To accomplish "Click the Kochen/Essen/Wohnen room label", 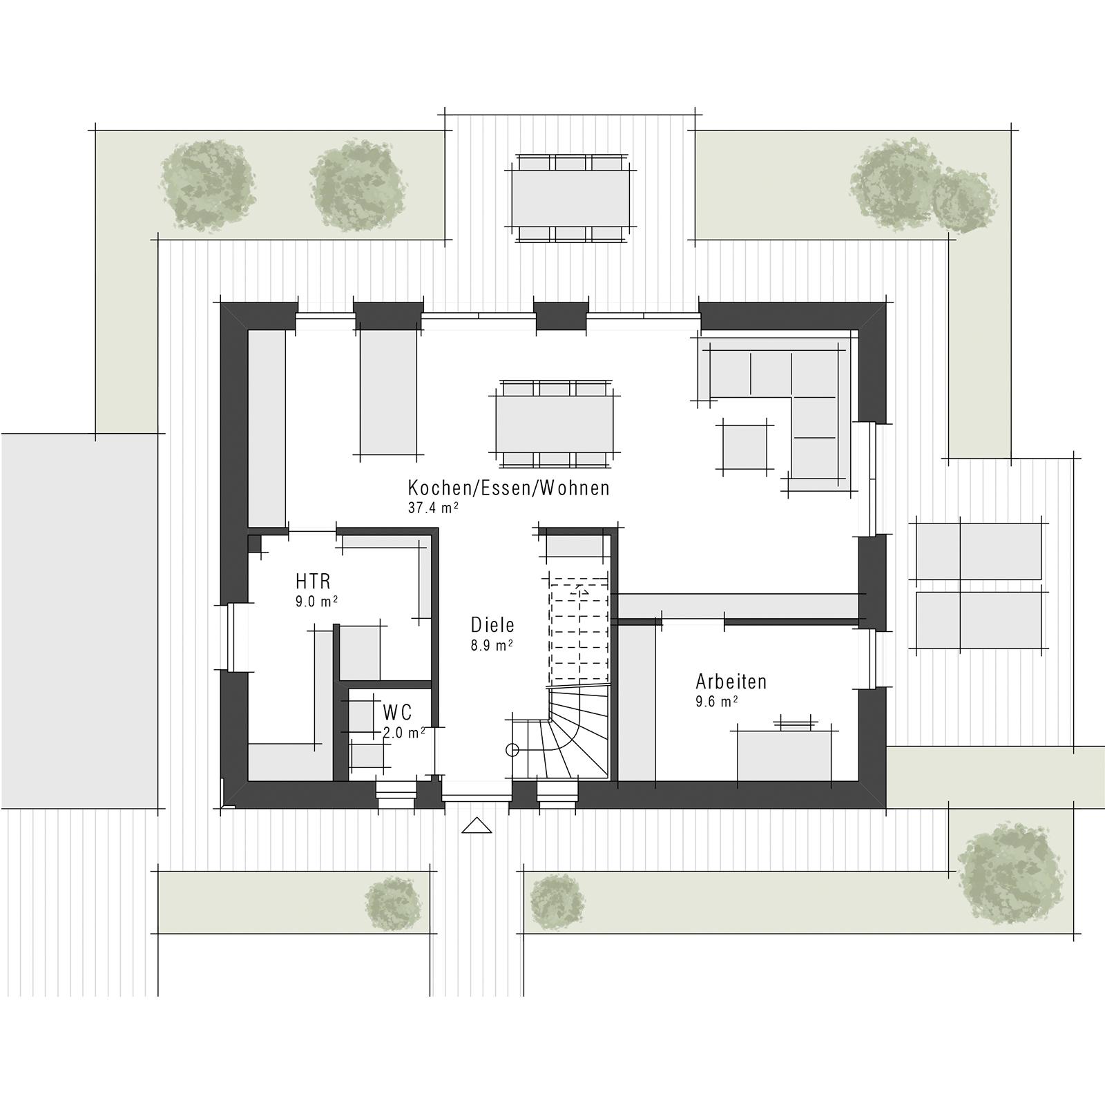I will click(508, 488).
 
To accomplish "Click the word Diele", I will click(492, 625).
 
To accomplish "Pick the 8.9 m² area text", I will click(492, 646).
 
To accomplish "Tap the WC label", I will click(397, 711).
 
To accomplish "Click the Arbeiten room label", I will click(731, 682).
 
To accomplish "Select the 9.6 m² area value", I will click(717, 702).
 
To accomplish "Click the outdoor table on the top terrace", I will click(570, 197).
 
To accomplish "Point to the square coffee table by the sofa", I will click(744, 447).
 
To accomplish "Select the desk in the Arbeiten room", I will click(785, 756).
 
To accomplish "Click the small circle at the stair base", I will click(512, 750).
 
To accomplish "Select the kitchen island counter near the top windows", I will click(388, 392).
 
